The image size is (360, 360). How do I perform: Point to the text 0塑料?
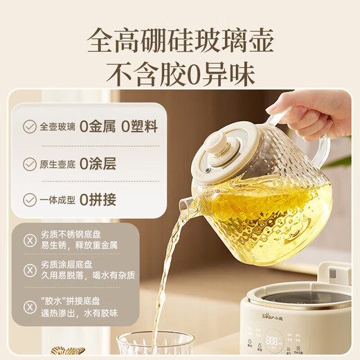[x=138, y=127]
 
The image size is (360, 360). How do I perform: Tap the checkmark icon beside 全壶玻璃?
[x=30, y=127]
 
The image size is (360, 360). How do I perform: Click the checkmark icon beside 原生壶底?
[x=30, y=164]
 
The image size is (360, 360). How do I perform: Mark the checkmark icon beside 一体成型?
[x=30, y=201]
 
